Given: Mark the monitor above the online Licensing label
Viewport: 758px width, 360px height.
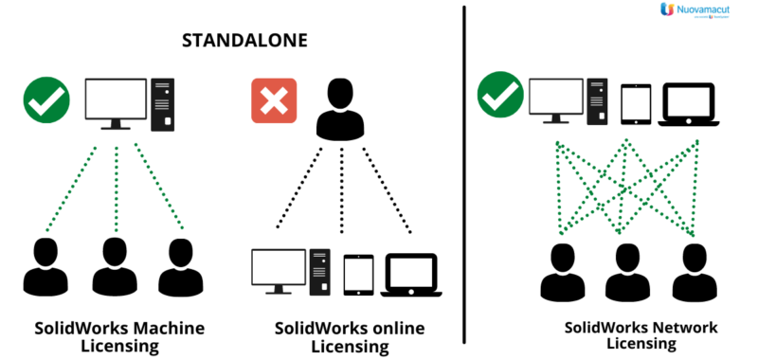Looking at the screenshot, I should (x=280, y=269).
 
